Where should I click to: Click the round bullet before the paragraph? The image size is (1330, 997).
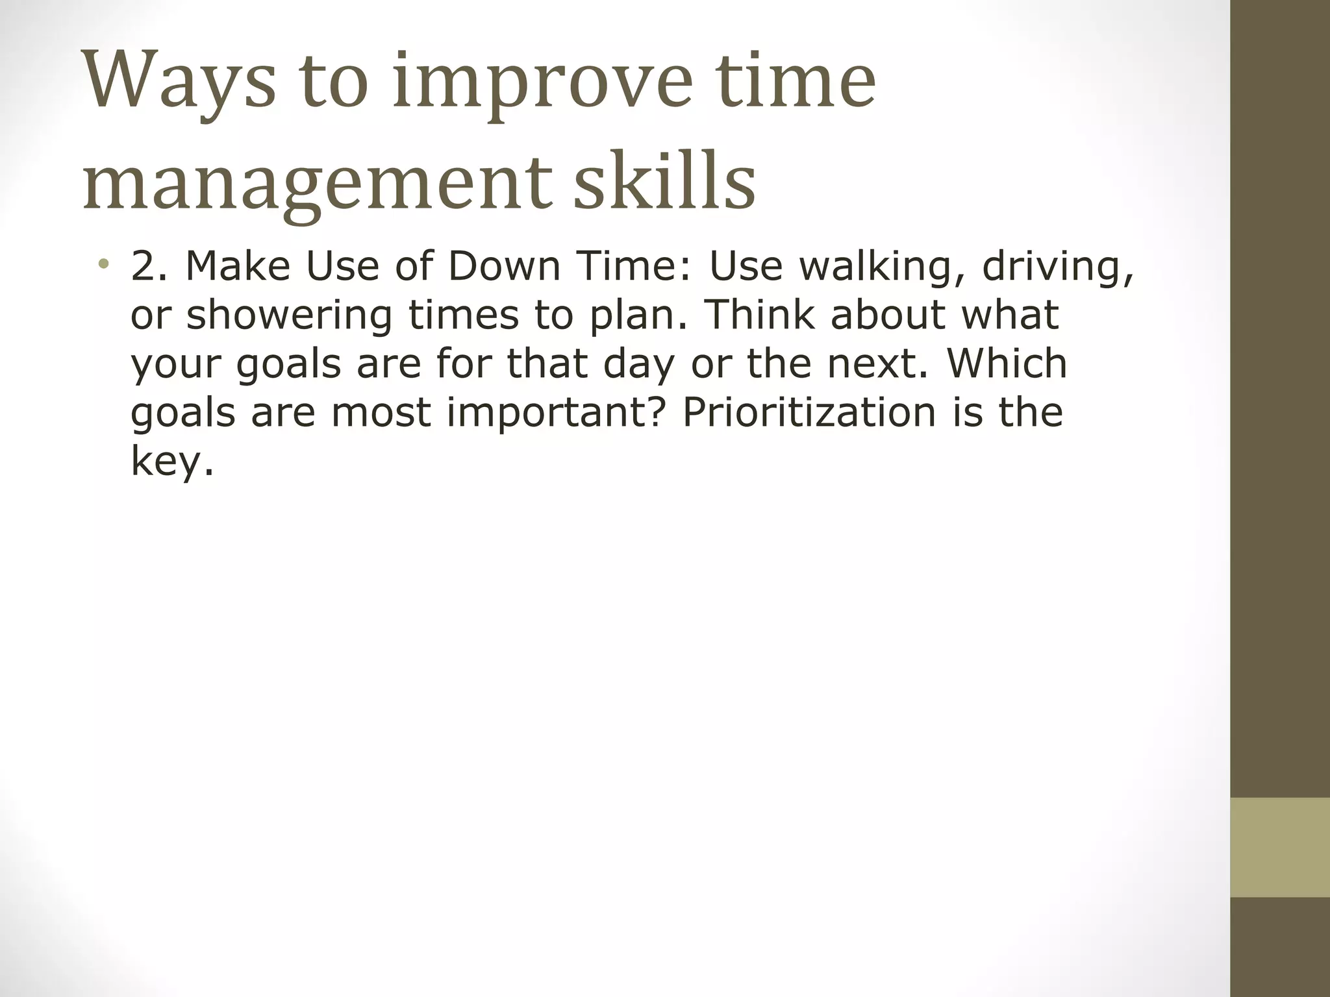103,264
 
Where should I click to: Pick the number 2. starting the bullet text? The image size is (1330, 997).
149,265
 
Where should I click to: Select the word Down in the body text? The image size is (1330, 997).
504,265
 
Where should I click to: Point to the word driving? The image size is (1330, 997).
1058,267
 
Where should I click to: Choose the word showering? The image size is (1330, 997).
290,315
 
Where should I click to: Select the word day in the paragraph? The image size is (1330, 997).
639,364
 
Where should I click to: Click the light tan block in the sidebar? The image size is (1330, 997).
1280,847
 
